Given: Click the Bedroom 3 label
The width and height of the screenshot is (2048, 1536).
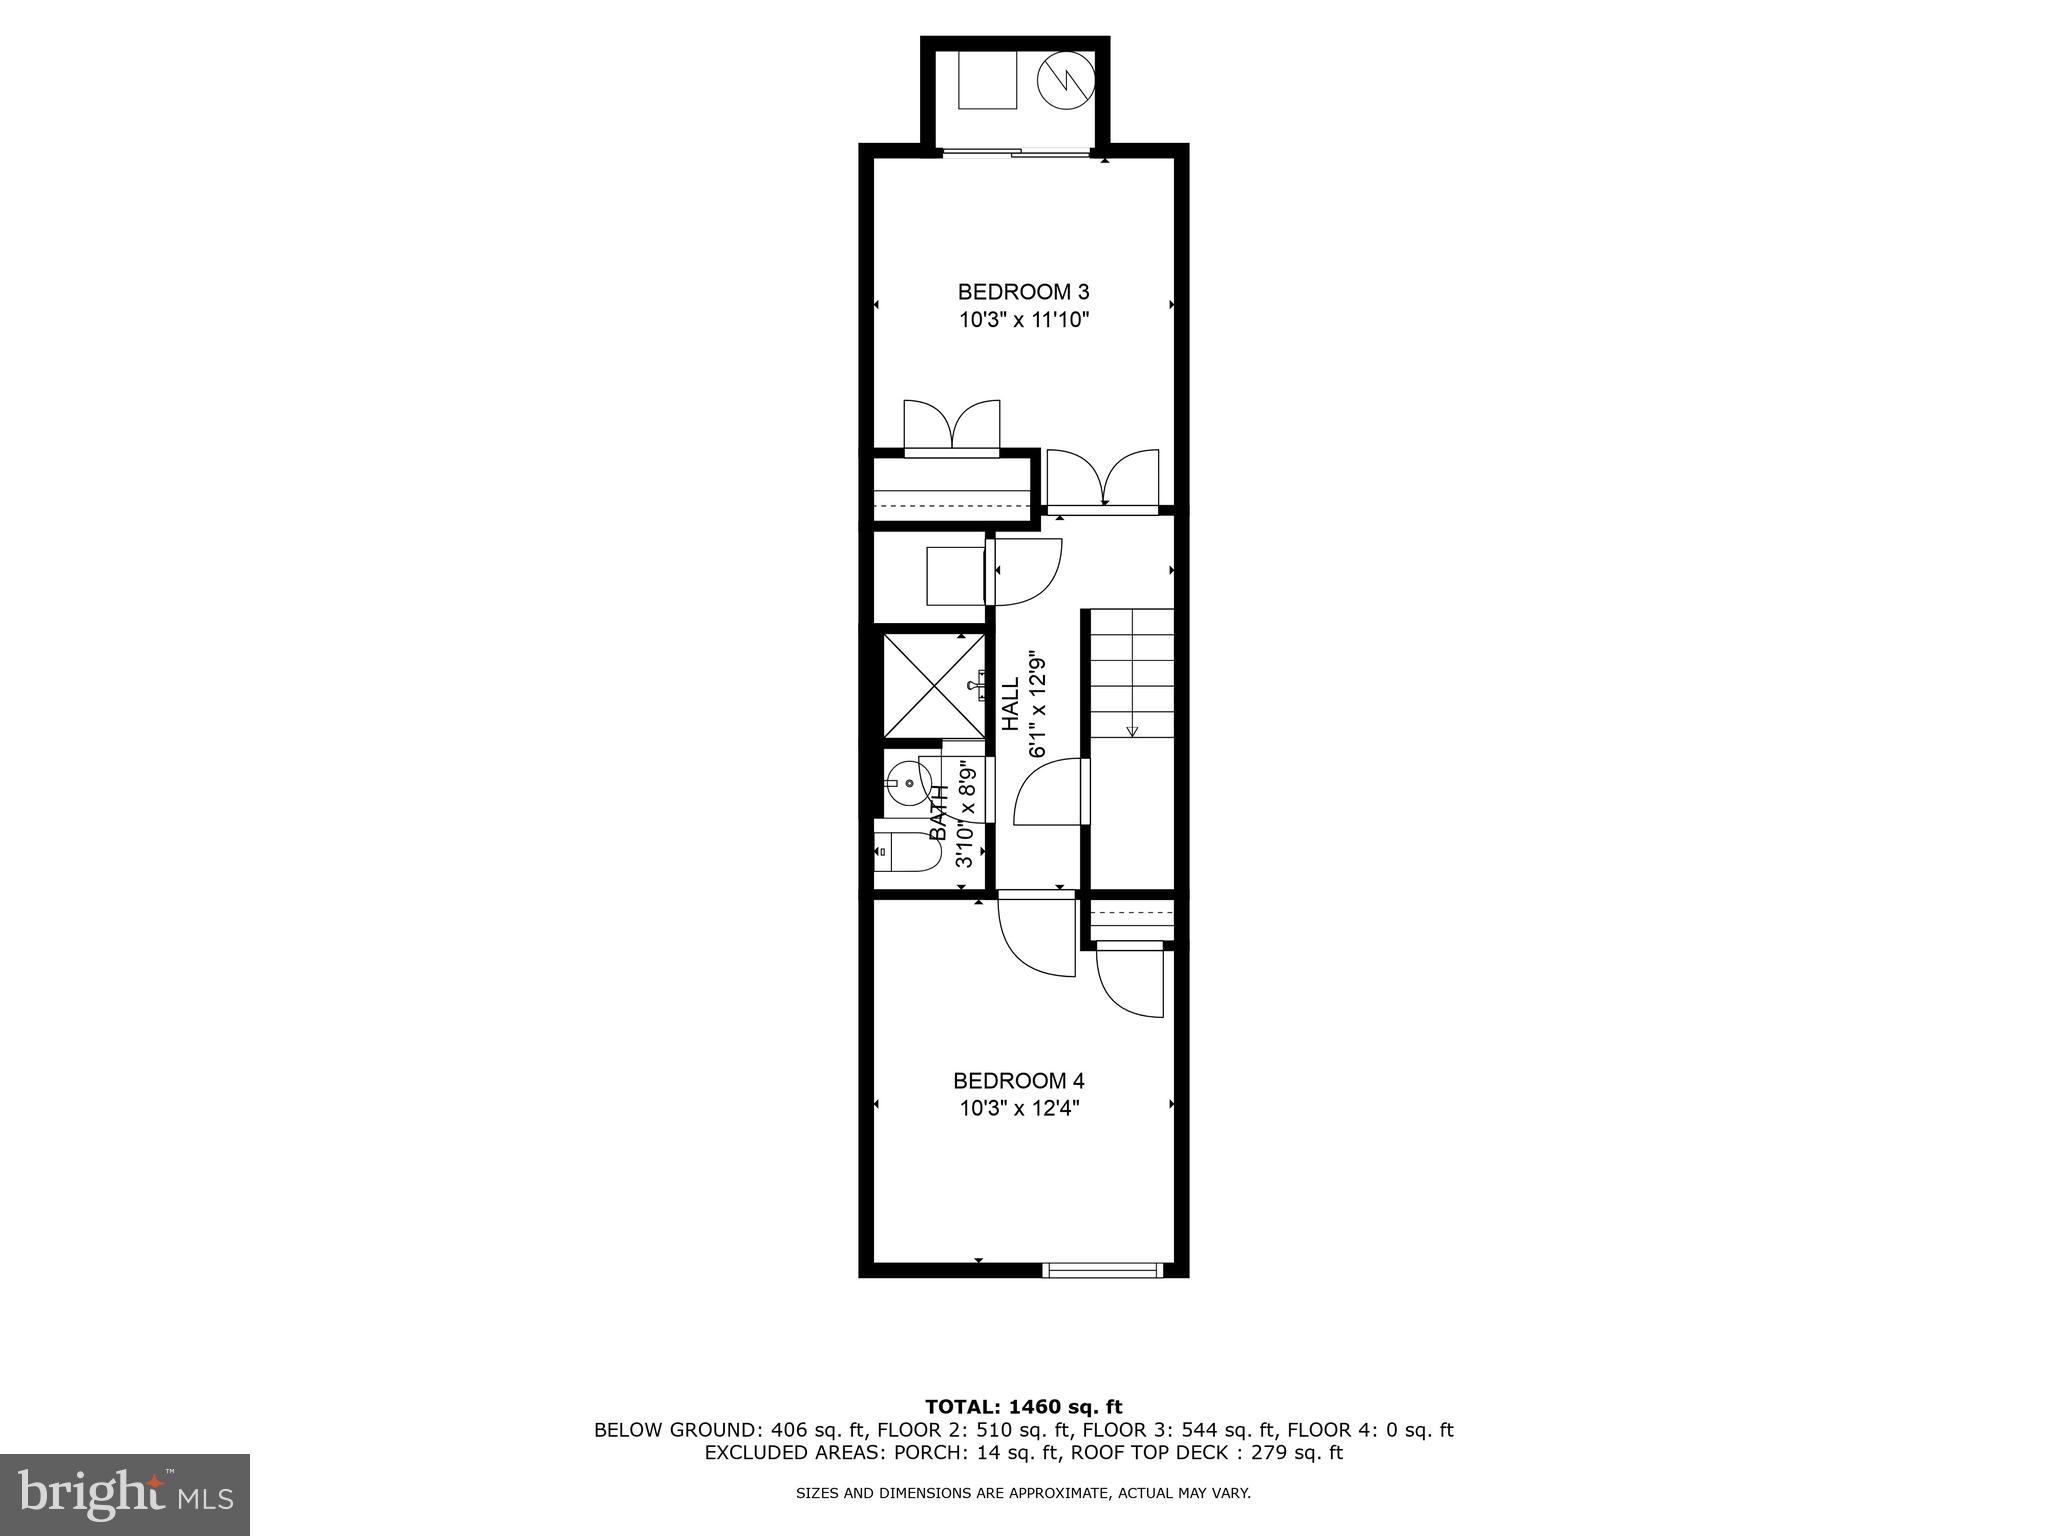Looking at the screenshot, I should click(x=1022, y=292).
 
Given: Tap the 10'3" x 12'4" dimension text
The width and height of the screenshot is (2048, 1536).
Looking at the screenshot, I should click(x=1019, y=1109).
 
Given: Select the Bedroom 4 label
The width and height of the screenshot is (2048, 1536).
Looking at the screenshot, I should click(x=1018, y=1081).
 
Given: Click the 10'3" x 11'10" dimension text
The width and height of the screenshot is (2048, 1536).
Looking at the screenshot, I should click(x=1022, y=321).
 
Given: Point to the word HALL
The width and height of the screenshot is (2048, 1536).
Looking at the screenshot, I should click(x=1011, y=703).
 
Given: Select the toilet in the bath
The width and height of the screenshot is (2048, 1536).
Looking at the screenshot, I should click(x=904, y=851).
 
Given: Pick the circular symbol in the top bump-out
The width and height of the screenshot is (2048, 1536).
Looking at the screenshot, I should click(x=1066, y=80).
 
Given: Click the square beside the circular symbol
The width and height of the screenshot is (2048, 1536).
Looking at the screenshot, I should click(x=987, y=79).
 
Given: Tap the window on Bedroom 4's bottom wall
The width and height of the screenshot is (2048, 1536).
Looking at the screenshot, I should click(x=1102, y=1270).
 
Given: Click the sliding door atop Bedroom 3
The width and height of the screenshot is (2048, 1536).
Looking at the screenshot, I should click(x=1016, y=153).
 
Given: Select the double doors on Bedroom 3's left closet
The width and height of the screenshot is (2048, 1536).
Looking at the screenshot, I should click(x=951, y=427).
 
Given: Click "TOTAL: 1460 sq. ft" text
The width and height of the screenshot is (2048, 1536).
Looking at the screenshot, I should click(x=1023, y=1407).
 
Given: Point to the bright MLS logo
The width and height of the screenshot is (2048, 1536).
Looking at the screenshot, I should click(x=125, y=1494).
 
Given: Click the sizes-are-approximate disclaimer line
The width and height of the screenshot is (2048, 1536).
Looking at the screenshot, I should click(x=1023, y=1494).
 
